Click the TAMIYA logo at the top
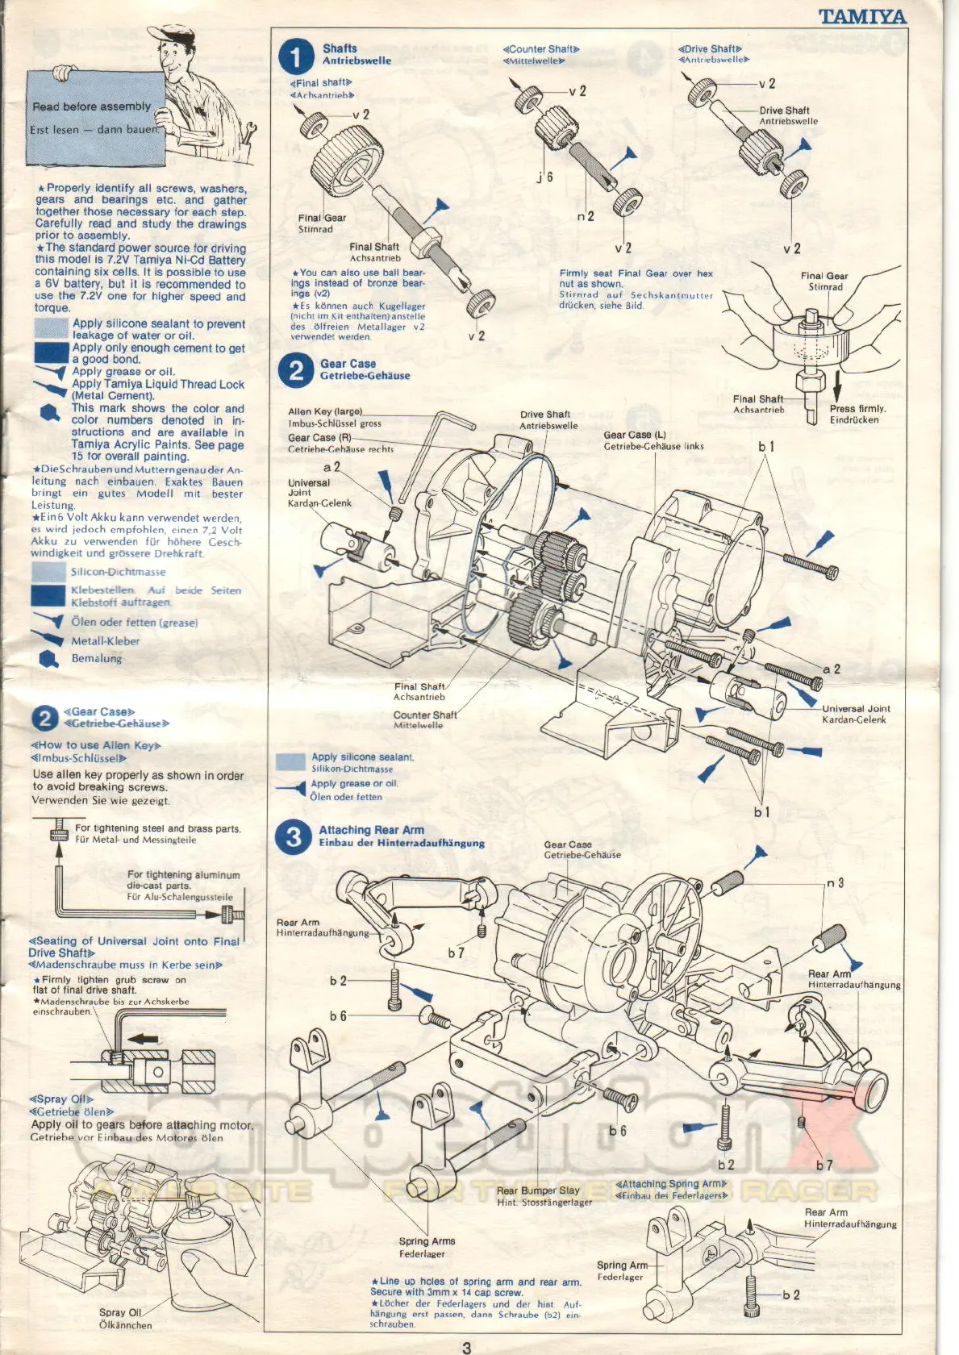click(862, 16)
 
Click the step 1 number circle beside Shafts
click(295, 56)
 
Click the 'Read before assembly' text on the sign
click(91, 106)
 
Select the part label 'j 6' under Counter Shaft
click(545, 177)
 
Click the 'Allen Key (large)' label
click(325, 411)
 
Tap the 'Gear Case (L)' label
click(635, 435)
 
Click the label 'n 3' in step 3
click(835, 883)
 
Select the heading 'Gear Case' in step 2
click(348, 364)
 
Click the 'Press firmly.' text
click(857, 409)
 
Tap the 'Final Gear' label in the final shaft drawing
click(322, 218)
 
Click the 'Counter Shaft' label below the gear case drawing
click(425, 715)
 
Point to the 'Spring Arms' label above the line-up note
click(427, 1241)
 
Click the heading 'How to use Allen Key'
click(95, 745)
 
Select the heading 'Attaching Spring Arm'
click(671, 1184)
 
